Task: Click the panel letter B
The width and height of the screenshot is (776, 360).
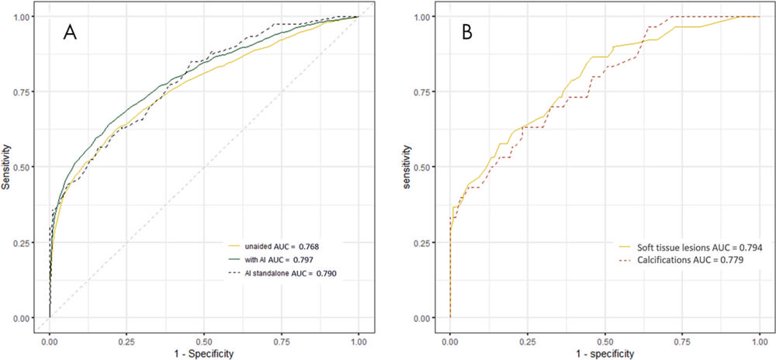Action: coord(468,35)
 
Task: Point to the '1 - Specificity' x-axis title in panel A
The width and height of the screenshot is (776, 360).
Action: coord(204,352)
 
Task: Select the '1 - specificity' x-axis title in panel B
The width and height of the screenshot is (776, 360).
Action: coord(605,352)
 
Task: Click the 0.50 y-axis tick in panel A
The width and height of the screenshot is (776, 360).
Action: coord(24,167)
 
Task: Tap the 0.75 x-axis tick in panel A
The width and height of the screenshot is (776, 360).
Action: coord(281,338)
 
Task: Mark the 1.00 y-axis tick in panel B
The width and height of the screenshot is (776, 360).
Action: coord(424,16)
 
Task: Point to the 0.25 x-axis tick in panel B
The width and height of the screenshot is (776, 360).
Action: coord(527,338)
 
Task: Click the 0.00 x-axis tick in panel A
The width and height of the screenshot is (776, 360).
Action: coord(50,338)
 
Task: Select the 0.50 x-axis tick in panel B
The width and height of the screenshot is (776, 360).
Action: coord(605,338)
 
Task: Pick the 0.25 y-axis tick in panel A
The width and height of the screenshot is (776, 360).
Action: coord(24,242)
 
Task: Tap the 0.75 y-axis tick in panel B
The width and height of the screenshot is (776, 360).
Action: coord(424,92)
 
